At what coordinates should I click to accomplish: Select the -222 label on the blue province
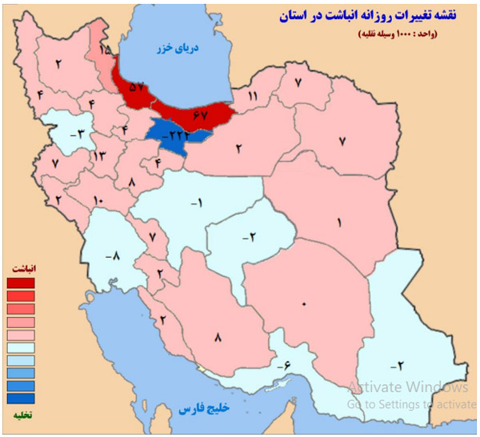point(173,137)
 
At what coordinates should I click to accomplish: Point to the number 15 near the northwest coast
point(106,50)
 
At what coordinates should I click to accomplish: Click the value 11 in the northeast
point(253,97)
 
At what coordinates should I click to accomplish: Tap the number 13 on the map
point(99,155)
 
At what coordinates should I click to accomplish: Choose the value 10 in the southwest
point(98,199)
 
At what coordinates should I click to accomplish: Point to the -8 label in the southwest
point(113,256)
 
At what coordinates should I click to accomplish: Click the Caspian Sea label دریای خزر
point(174,48)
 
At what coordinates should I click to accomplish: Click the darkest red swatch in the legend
point(21,283)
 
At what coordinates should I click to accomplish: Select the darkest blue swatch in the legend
point(21,398)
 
